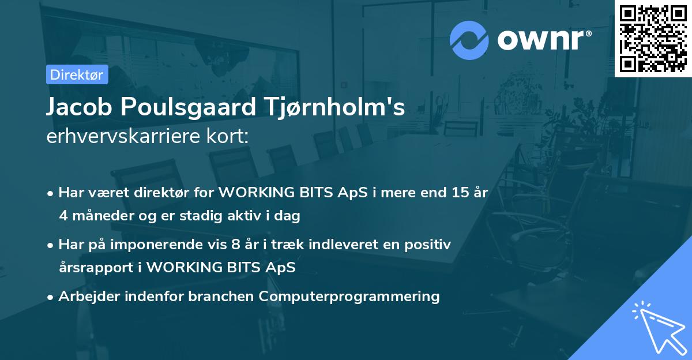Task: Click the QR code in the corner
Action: (653, 38)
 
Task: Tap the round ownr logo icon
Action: (469, 40)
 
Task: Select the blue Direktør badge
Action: (77, 74)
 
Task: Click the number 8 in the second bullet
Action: (235, 245)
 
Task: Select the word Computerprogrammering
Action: (349, 297)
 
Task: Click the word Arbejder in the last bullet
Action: (86, 297)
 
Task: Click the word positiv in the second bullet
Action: (430, 245)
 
